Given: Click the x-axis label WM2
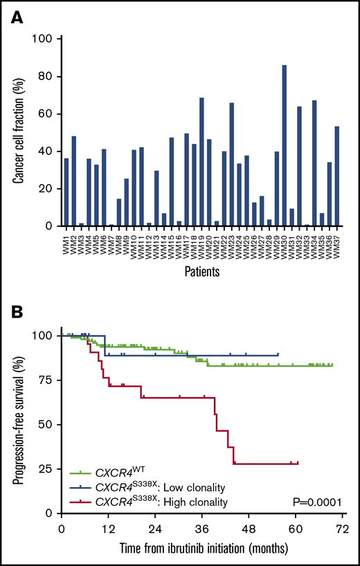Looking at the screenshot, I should [x=74, y=242].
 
